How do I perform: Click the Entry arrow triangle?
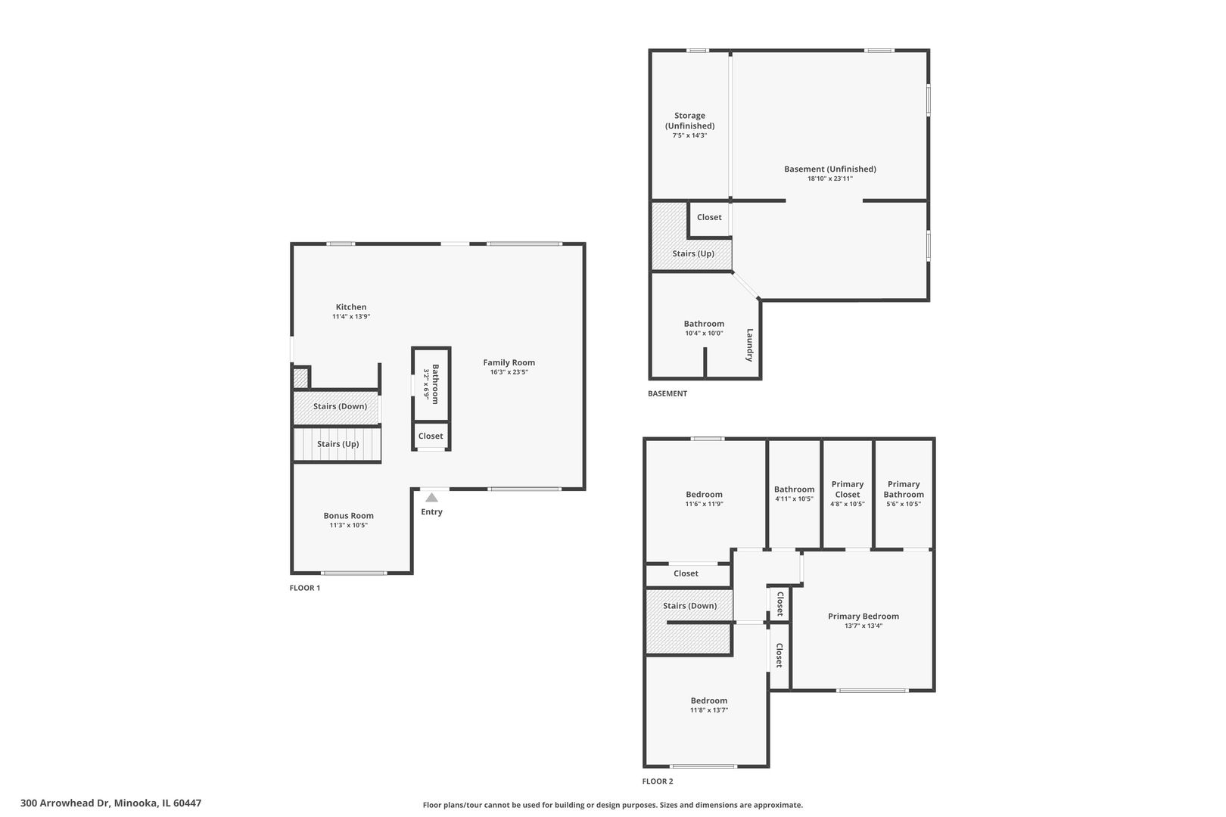click(432, 498)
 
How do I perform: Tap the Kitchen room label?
click(351, 307)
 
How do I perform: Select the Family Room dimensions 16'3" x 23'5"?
click(509, 372)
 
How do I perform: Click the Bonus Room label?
click(349, 515)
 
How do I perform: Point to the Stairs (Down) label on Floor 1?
click(340, 406)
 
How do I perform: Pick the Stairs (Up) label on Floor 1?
click(338, 444)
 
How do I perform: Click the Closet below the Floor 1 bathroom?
click(431, 436)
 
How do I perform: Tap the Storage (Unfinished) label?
click(689, 120)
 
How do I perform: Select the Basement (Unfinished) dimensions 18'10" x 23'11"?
click(830, 179)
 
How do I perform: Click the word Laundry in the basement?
click(750, 345)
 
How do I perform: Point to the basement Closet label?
click(709, 217)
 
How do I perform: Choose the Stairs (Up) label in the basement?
click(693, 253)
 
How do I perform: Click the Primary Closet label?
click(848, 489)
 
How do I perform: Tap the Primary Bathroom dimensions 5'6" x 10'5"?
click(904, 504)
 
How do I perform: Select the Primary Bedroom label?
click(863, 617)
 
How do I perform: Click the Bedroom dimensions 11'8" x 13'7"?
click(709, 710)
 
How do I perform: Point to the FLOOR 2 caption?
click(658, 781)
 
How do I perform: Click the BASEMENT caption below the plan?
click(667, 393)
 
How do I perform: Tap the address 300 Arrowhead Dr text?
click(65, 803)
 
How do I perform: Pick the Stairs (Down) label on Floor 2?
click(689, 606)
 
